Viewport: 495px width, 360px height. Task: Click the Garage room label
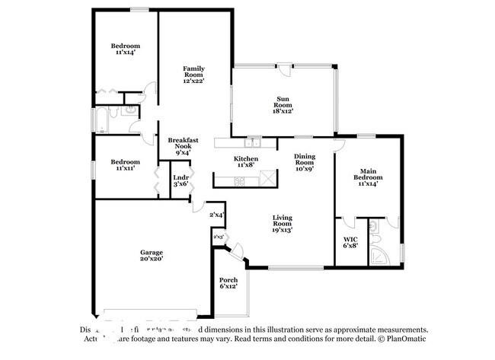[x=151, y=256]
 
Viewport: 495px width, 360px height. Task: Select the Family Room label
[x=193, y=75]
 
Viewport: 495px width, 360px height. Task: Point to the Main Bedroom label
[x=366, y=178]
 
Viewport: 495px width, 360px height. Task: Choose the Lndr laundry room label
[x=180, y=180]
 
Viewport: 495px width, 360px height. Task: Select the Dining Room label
[x=305, y=162]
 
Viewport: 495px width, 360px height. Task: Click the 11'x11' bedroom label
[x=125, y=165]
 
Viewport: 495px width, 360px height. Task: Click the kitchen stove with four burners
[x=239, y=181]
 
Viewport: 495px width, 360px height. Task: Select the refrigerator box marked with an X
[x=267, y=180]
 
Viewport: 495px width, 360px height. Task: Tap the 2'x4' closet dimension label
[x=217, y=215]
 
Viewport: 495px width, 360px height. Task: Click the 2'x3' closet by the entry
[x=219, y=237]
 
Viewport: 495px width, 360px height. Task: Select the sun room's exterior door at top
[x=283, y=68]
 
